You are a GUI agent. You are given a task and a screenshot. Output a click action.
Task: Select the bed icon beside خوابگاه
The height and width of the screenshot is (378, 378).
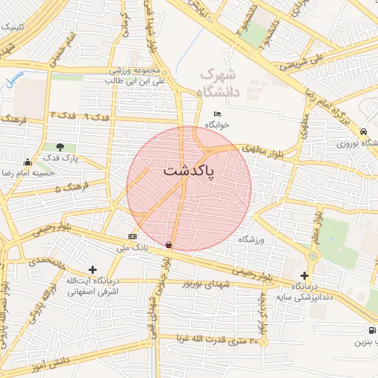pyautogui.click(x=216, y=113)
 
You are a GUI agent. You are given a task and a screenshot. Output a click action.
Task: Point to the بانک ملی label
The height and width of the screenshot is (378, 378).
pyautogui.click(x=136, y=247)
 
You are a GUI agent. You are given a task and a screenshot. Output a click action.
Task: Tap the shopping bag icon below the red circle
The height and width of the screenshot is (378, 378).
pyautogui.click(x=169, y=244)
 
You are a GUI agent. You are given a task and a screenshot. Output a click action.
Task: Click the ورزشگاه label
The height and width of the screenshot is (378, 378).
pyautogui.click(x=251, y=240)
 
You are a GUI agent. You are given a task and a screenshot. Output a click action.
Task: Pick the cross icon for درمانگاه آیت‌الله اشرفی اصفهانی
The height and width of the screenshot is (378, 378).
pyautogui.click(x=92, y=270)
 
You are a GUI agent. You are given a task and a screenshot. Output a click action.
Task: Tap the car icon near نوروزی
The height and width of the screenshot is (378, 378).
pyautogui.click(x=364, y=131)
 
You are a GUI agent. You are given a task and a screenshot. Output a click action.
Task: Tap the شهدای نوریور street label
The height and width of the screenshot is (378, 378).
pyautogui.click(x=192, y=283)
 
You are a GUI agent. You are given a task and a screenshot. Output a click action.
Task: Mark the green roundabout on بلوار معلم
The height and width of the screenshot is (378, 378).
pyautogui.click(x=313, y=255)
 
